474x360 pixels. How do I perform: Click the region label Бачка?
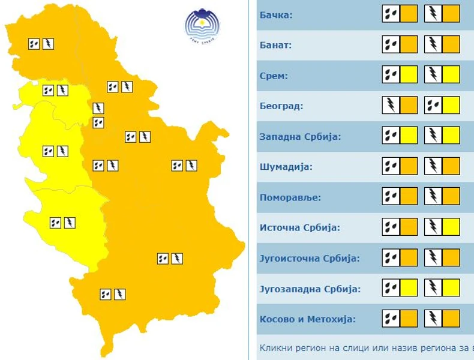[276, 14]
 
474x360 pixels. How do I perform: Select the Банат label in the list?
[275, 45]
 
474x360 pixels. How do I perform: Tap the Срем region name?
[274, 76]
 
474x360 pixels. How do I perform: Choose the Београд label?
[281, 106]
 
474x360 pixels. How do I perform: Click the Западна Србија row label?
[300, 137]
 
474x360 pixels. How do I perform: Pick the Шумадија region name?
[286, 167]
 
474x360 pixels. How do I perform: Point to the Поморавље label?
[290, 197]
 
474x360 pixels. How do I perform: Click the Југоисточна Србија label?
[309, 259]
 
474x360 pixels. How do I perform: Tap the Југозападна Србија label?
[310, 289]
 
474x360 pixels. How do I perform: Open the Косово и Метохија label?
[307, 319]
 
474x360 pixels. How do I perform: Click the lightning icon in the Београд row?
[391, 106]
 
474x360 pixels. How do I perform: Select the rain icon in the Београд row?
[433, 106]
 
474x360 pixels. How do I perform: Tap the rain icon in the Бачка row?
[391, 14]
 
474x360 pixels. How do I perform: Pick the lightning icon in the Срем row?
[433, 75]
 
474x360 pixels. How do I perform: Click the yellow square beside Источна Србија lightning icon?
[451, 227]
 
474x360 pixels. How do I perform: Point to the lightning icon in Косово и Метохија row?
[433, 319]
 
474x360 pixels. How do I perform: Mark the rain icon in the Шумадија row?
[391, 166]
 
